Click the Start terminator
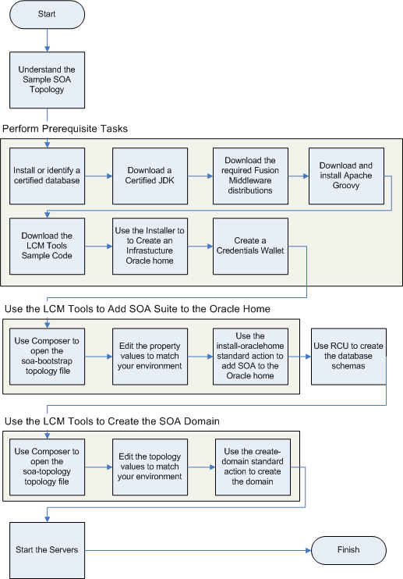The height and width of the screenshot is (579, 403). pyautogui.click(x=48, y=14)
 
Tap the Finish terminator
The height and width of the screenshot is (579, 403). pyautogui.click(x=348, y=550)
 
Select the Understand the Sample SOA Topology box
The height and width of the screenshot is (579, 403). pyautogui.click(x=48, y=80)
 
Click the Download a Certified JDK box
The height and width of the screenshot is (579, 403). pyautogui.click(x=150, y=176)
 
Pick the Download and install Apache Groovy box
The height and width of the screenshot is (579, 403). pyautogui.click(x=346, y=176)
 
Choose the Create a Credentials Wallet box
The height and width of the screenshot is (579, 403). pyautogui.click(x=250, y=246)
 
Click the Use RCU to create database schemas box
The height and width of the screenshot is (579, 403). pyautogui.click(x=348, y=357)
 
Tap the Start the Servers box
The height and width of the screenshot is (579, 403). pyautogui.click(x=48, y=550)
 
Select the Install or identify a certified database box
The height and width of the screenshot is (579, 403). pyautogui.click(x=48, y=176)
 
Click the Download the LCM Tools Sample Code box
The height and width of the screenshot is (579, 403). pyautogui.click(x=48, y=246)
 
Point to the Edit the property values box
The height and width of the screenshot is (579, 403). pyautogui.click(x=150, y=357)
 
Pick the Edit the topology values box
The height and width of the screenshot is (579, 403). pyautogui.click(x=150, y=467)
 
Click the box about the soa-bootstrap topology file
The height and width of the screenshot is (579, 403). pyautogui.click(x=48, y=357)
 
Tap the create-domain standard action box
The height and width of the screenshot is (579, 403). pyautogui.click(x=253, y=467)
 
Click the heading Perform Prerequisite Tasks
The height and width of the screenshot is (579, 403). pyautogui.click(x=65, y=129)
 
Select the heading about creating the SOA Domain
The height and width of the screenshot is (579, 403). pyautogui.click(x=112, y=421)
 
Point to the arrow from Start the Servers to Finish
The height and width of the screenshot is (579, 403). pyautogui.click(x=198, y=550)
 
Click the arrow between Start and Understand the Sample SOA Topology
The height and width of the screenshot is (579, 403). pyautogui.click(x=48, y=41)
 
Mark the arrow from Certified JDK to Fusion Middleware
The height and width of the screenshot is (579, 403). pyautogui.click(x=200, y=176)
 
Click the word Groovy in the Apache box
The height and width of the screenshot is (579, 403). pyautogui.click(x=346, y=186)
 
